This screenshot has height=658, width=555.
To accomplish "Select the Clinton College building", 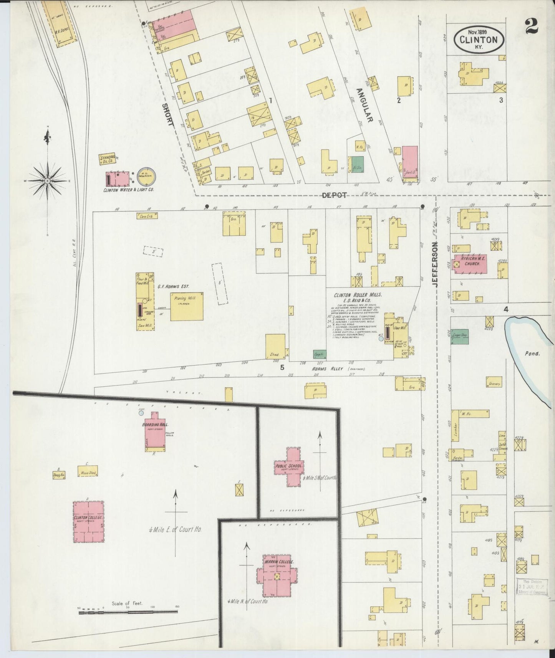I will pos(89,521).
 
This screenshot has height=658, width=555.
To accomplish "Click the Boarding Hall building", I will pos(155,431).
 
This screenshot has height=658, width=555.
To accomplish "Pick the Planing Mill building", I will pos(186,306).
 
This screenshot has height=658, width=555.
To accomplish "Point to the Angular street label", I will pos(364,105).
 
